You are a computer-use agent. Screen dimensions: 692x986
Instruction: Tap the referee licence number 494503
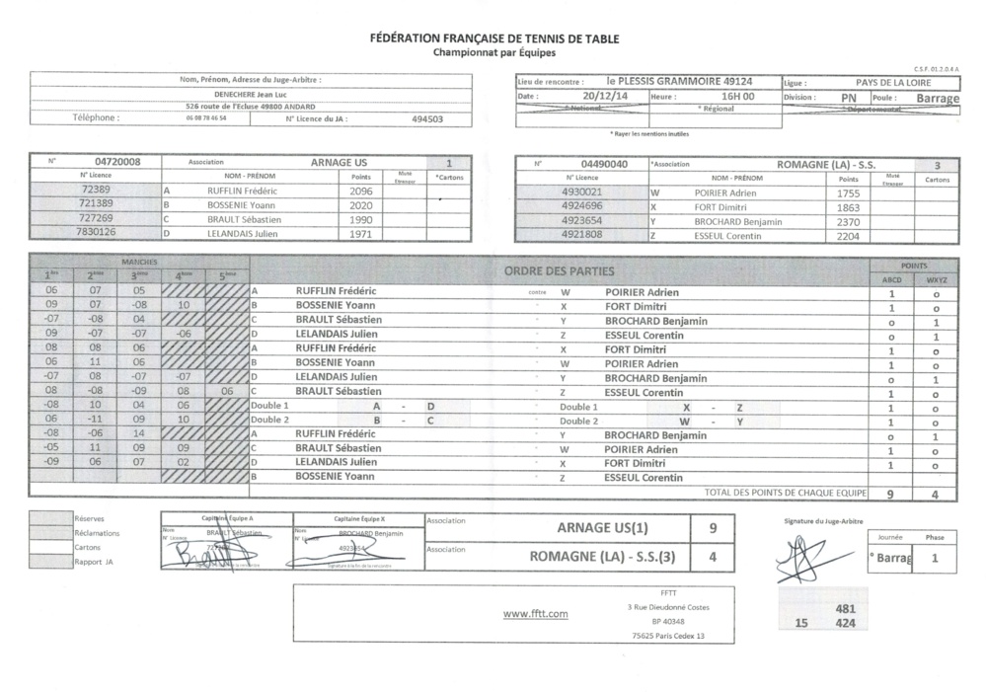pyautogui.click(x=427, y=117)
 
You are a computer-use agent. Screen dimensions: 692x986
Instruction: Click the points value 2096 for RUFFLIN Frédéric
pyautogui.click(x=362, y=191)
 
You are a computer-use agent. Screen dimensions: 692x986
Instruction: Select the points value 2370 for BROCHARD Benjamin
pyautogui.click(x=848, y=221)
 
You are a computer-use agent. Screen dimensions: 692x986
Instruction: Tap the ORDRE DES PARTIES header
pyautogui.click(x=559, y=271)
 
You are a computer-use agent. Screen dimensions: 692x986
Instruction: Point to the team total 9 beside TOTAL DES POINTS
pyautogui.click(x=890, y=493)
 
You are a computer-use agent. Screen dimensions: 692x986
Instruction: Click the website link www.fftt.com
pyautogui.click(x=536, y=614)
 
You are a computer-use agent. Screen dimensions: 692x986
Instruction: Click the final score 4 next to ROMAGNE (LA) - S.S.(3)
pyautogui.click(x=714, y=556)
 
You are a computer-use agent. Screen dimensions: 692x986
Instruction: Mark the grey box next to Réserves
pyautogui.click(x=50, y=518)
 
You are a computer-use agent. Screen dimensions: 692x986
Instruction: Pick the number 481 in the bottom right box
pyautogui.click(x=845, y=609)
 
